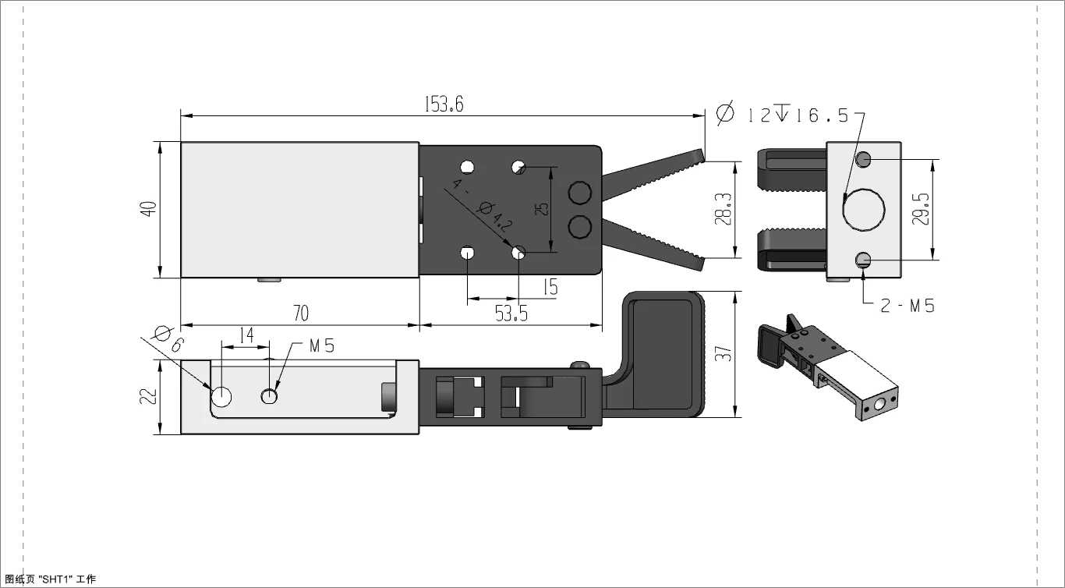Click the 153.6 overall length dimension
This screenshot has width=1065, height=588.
coord(444,104)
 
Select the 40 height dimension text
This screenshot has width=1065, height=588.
coord(149,209)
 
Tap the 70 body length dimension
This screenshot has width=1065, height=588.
coord(300,313)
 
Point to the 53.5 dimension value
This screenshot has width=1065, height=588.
coord(511,313)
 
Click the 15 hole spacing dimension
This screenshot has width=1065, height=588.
coord(550,287)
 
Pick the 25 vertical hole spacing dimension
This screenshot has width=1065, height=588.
coord(543,208)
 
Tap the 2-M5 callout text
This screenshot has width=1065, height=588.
coord(907,306)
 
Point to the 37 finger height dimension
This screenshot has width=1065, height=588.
coord(724,354)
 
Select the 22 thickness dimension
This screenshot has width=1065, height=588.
coord(149,396)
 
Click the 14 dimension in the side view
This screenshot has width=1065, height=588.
coord(246,335)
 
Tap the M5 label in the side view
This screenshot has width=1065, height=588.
coord(321,345)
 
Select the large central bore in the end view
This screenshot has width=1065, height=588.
coord(864,209)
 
